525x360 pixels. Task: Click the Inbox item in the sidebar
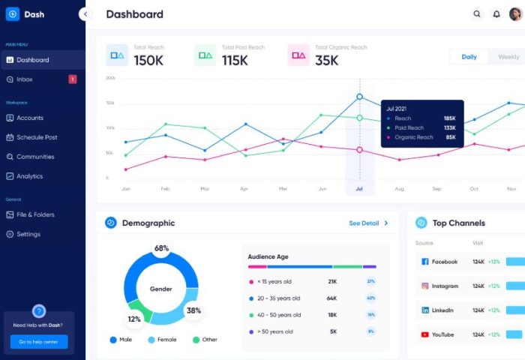(x=24, y=79)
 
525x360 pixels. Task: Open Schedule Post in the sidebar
(x=37, y=137)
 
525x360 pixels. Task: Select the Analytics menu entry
(x=29, y=176)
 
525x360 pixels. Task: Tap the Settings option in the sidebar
(x=28, y=234)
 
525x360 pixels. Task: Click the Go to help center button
(x=39, y=341)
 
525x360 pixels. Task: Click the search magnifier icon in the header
(x=477, y=14)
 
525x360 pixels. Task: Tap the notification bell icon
(x=496, y=14)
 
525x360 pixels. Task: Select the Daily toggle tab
(x=469, y=57)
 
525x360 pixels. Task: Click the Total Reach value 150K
(x=148, y=60)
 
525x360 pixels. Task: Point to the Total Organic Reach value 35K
(x=328, y=60)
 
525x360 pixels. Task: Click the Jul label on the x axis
(x=359, y=189)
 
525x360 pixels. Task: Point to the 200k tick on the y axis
(x=110, y=77)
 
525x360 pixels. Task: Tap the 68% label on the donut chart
(x=161, y=248)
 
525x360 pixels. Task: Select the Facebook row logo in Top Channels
(x=424, y=262)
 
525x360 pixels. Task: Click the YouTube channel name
(x=442, y=334)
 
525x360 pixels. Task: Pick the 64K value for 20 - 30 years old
(x=331, y=298)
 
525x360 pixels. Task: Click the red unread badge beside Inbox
(x=72, y=79)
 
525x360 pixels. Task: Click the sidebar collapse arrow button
(x=85, y=14)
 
